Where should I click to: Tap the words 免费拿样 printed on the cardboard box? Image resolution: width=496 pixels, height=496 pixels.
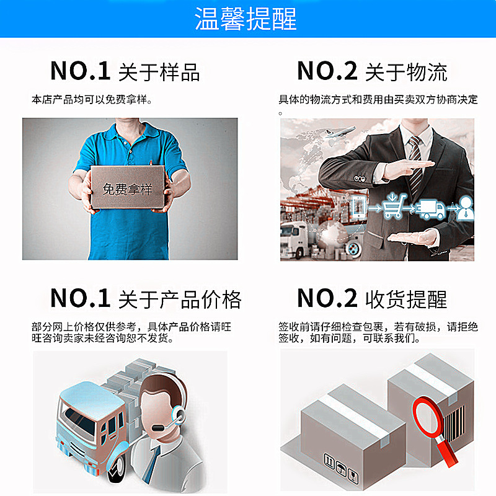pyautogui.click(x=127, y=188)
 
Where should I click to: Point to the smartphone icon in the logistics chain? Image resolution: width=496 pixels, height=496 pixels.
pyautogui.click(x=358, y=206)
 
